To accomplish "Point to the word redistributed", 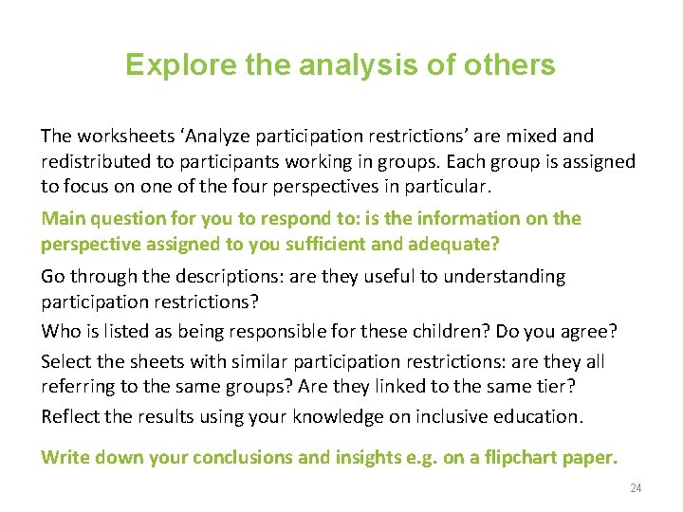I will tap(97, 161).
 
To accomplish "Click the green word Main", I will tap(64, 219).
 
